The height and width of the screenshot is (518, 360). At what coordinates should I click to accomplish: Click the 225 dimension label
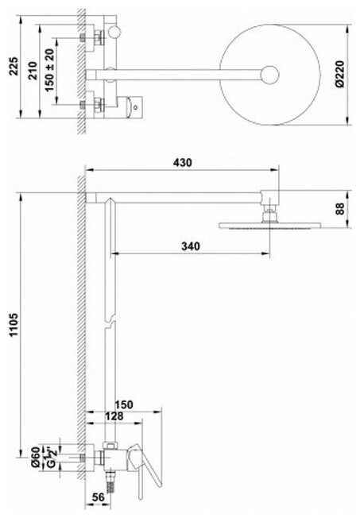[14, 66]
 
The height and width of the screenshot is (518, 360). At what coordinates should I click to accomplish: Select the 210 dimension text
[33, 70]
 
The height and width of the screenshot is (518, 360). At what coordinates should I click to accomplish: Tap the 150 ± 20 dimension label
[49, 71]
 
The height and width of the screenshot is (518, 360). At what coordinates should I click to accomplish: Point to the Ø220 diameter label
[339, 74]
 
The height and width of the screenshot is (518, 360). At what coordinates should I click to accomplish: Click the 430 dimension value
[183, 163]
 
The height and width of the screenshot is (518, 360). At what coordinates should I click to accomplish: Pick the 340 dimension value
[191, 246]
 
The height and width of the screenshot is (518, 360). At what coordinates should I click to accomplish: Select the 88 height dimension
[340, 209]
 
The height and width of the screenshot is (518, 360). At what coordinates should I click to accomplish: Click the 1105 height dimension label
[14, 325]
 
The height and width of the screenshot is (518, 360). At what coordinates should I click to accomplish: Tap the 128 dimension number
[114, 416]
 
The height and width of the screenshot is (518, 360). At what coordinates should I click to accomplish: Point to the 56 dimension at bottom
[98, 497]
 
